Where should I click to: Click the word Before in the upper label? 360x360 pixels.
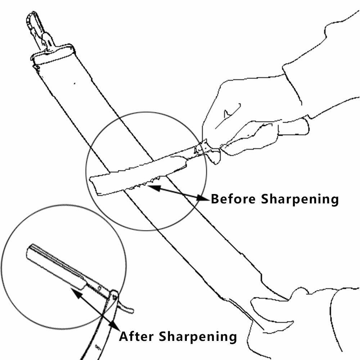[233, 199]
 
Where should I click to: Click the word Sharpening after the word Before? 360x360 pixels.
[300, 199]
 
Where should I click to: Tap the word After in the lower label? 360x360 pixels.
[136, 337]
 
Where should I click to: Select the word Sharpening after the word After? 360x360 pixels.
[198, 337]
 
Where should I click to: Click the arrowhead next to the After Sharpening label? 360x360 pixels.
[114, 324]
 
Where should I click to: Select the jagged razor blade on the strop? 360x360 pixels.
[140, 175]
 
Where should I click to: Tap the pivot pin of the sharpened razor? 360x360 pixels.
[114, 298]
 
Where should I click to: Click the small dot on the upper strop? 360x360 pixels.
[74, 84]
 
